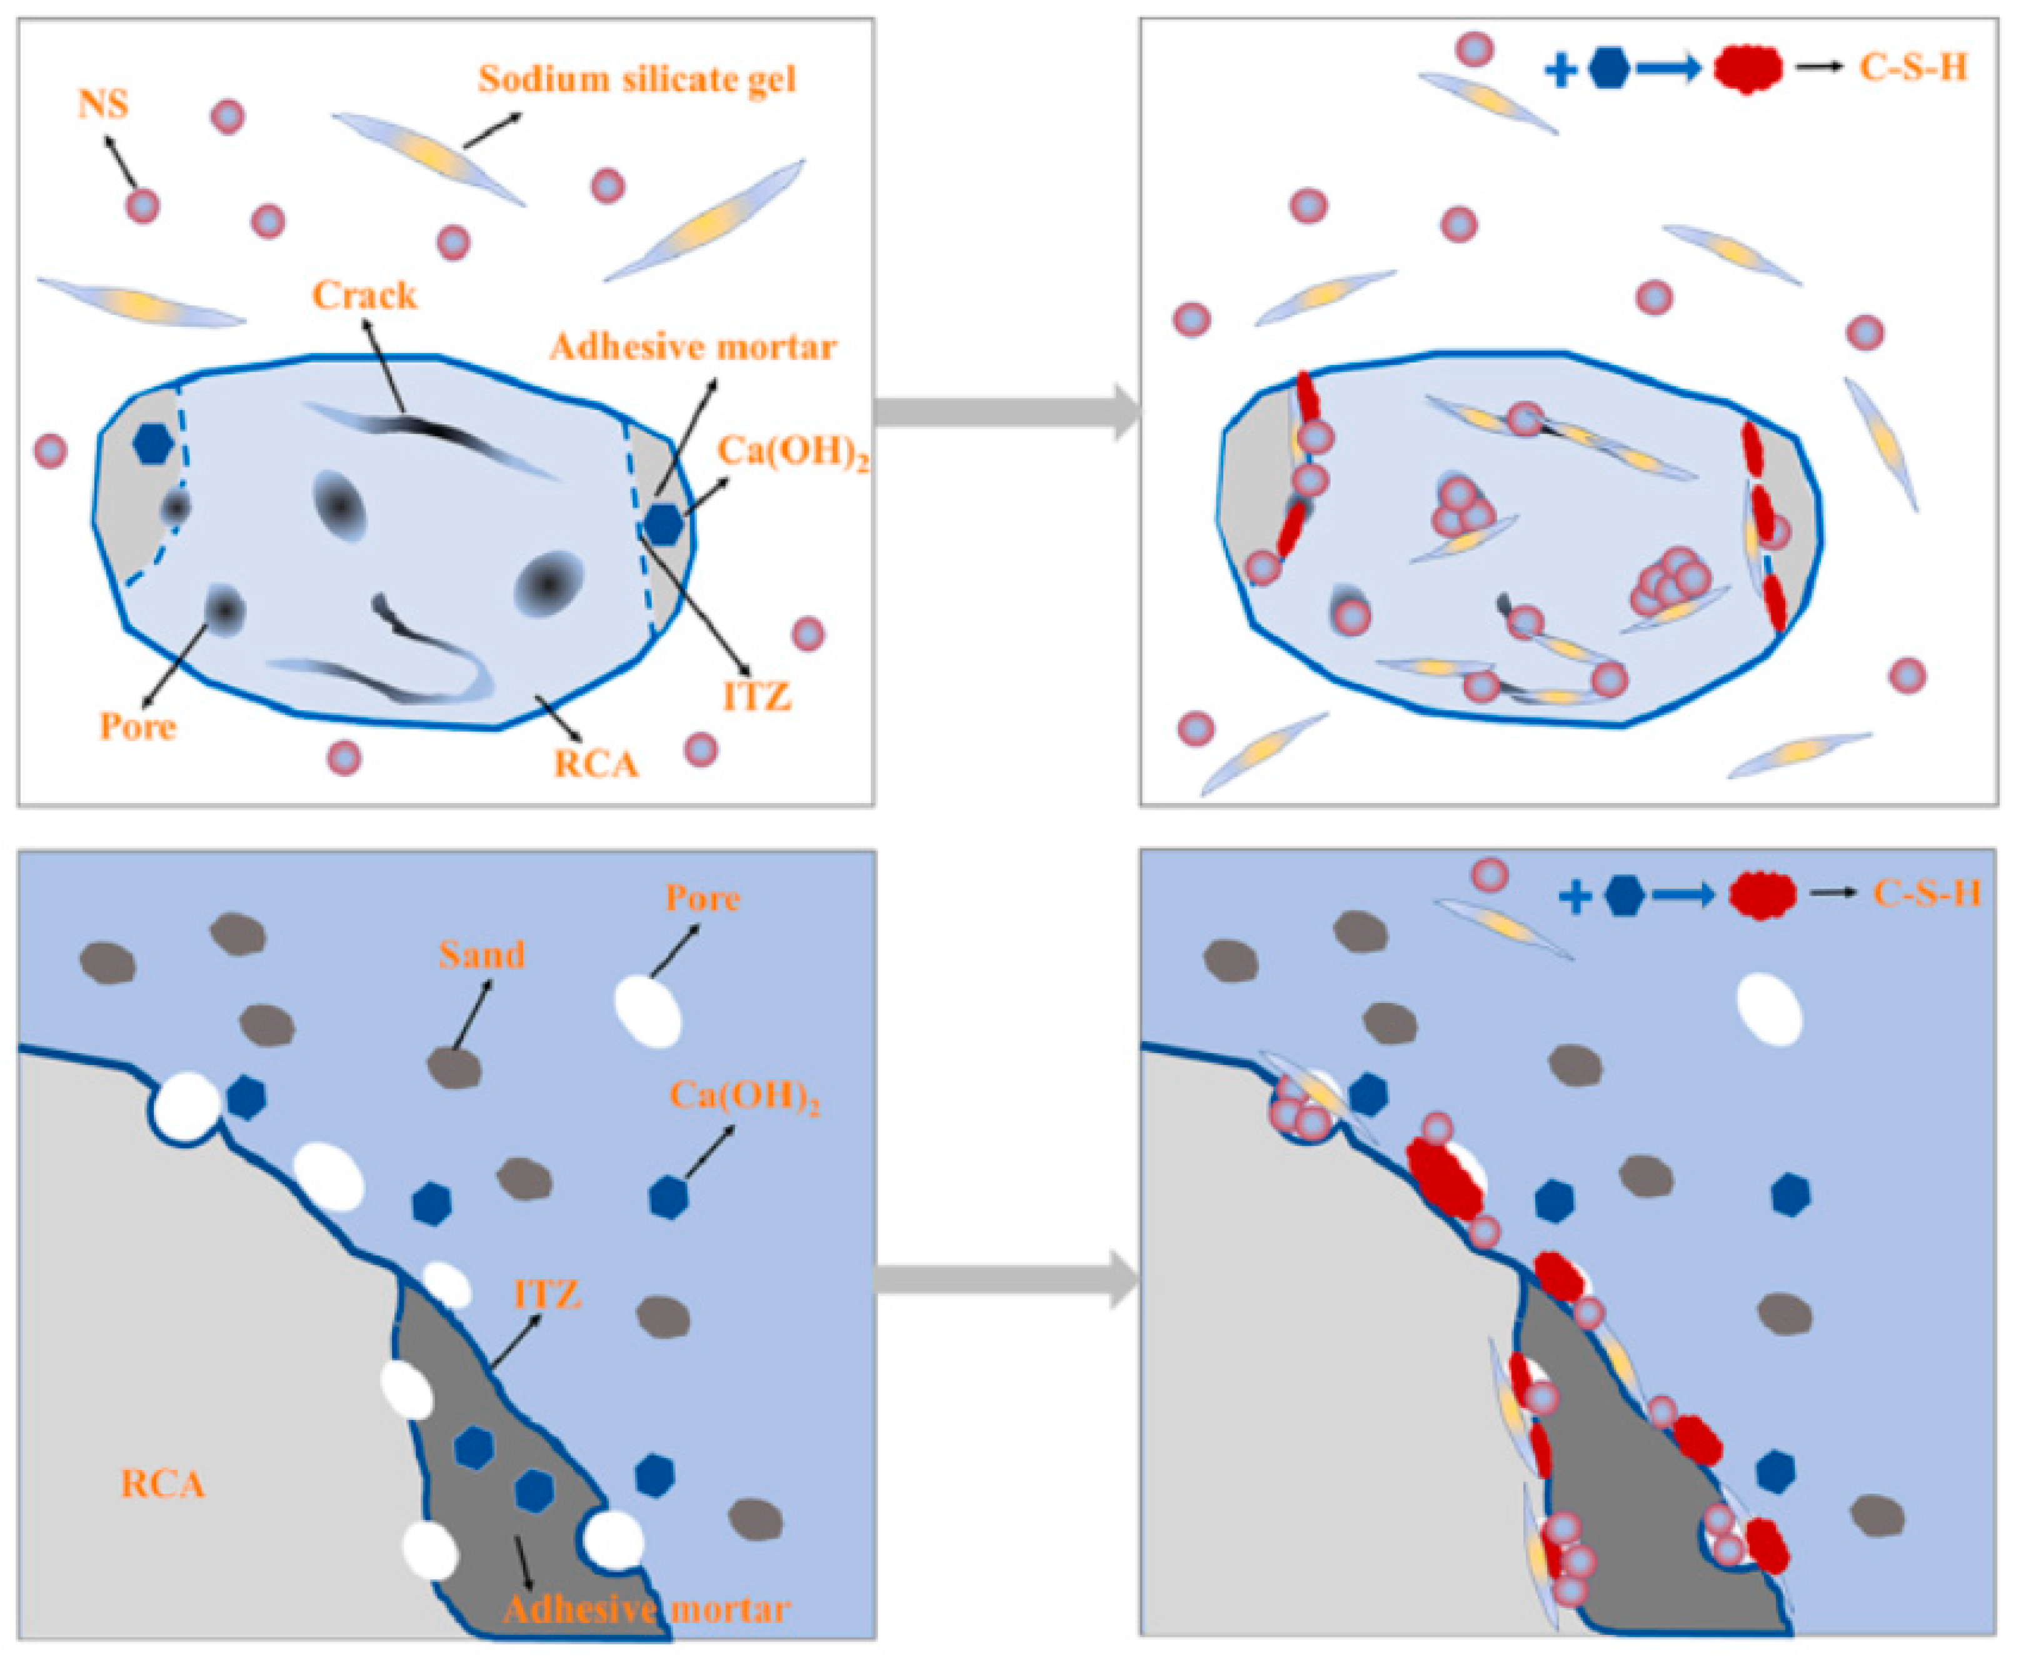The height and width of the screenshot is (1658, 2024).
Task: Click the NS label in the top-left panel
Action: pyautogui.click(x=103, y=103)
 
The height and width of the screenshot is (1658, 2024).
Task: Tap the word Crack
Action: pyautogui.click(x=365, y=296)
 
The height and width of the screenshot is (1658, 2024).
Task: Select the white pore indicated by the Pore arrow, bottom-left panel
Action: pyautogui.click(x=648, y=1011)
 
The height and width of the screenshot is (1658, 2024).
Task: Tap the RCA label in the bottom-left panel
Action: pyautogui.click(x=163, y=1484)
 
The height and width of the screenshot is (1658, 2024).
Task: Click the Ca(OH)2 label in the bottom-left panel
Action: pyautogui.click(x=745, y=1096)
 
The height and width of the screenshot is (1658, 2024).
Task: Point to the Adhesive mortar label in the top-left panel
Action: pyautogui.click(x=693, y=347)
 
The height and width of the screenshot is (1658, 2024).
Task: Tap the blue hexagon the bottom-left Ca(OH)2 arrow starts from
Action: pyautogui.click(x=669, y=1197)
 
